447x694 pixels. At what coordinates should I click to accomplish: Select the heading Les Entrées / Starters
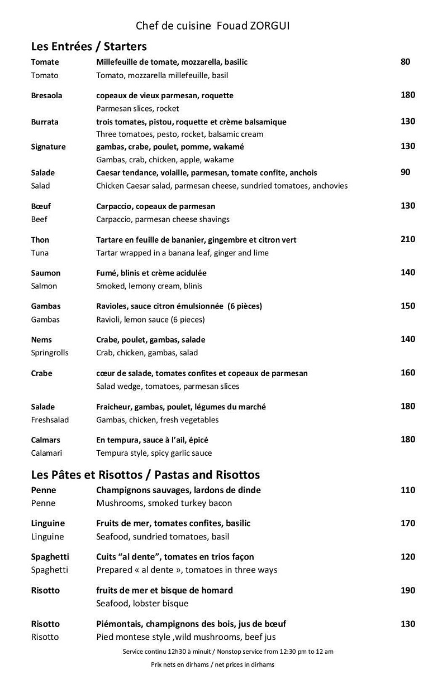[x=89, y=46]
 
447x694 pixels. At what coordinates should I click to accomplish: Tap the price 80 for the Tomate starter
[x=405, y=61]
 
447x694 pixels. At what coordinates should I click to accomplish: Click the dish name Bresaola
[x=46, y=95]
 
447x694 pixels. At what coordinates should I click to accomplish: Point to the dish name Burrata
[x=45, y=122]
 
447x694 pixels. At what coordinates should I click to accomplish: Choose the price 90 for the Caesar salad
[x=405, y=172]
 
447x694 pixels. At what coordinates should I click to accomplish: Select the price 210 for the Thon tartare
[x=408, y=239]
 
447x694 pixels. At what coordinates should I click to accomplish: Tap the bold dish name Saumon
[x=46, y=273]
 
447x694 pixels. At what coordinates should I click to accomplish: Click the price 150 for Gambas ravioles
[x=408, y=306]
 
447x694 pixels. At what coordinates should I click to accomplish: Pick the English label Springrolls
[x=50, y=353]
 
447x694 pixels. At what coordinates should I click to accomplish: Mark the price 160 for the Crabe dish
[x=408, y=373]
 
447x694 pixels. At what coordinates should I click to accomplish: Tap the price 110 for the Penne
[x=408, y=490]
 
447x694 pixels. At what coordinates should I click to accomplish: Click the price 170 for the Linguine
[x=408, y=523]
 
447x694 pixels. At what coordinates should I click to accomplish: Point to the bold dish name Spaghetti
[x=50, y=557]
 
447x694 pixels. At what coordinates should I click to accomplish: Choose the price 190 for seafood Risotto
[x=408, y=590]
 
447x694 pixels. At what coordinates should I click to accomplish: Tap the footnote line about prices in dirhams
[x=212, y=664]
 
